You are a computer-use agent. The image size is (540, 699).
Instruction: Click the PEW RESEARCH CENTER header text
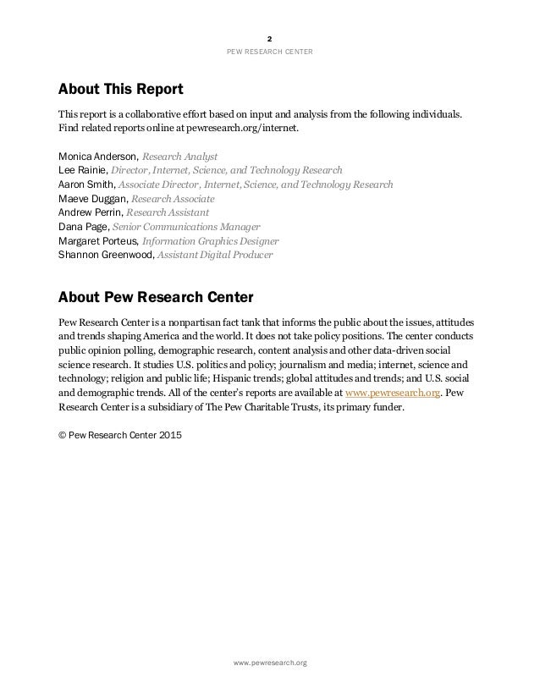tap(270, 52)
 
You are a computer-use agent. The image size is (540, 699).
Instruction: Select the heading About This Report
tap(120, 89)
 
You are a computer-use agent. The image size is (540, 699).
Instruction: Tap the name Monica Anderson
tap(97, 157)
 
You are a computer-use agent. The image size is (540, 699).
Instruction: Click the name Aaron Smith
tap(87, 184)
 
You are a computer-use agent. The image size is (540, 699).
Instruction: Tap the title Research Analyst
tap(179, 157)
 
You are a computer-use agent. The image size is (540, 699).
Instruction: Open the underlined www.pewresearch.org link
tap(395, 392)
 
